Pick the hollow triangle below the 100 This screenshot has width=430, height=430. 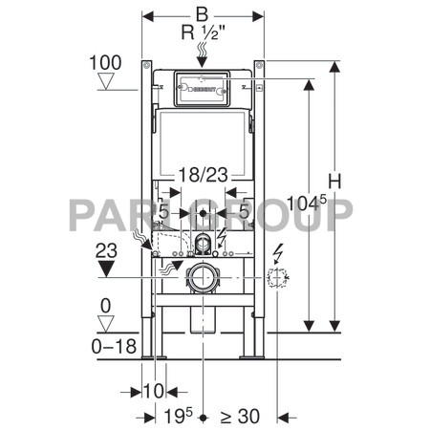coord(106,82)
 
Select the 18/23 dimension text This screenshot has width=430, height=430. coord(201,174)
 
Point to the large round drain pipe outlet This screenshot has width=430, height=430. coord(203,280)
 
